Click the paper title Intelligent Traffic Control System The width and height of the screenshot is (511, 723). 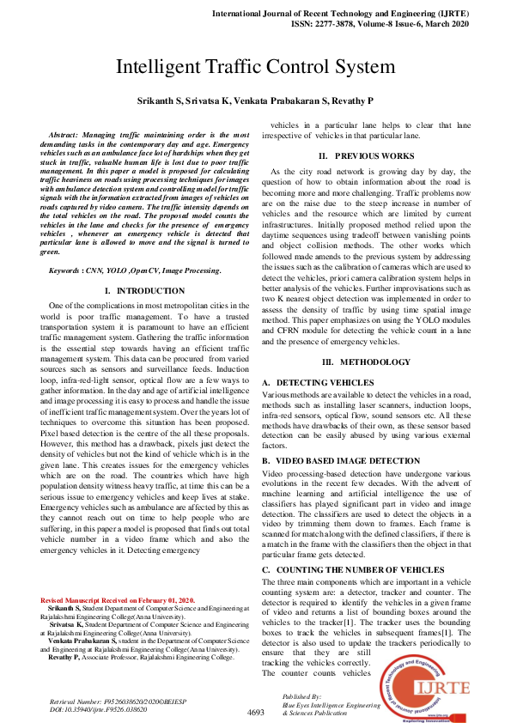(255, 66)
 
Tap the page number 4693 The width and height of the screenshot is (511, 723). (255, 712)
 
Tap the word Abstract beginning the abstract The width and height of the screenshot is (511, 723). (71, 136)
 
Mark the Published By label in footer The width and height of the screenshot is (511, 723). (301, 696)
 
